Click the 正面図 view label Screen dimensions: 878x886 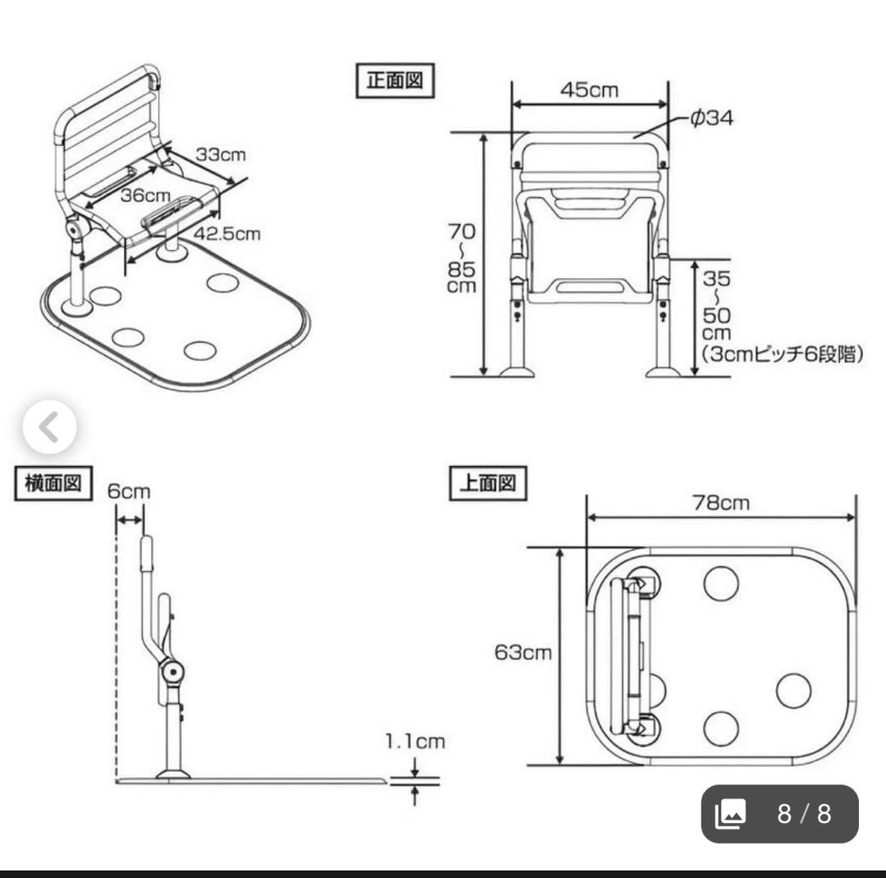pyautogui.click(x=394, y=82)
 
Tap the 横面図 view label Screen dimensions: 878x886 pyautogui.click(x=53, y=484)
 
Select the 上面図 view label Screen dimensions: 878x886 pyautogui.click(x=487, y=483)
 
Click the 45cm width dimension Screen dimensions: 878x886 pyautogui.click(x=589, y=89)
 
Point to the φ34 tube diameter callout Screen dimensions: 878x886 pyautogui.click(x=710, y=118)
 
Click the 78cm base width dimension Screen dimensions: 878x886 pyautogui.click(x=719, y=502)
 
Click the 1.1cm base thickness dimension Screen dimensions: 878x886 pyautogui.click(x=415, y=742)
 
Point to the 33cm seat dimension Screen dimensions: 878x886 pyautogui.click(x=221, y=154)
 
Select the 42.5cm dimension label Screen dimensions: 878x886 pyautogui.click(x=227, y=234)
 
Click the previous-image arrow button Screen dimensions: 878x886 pyautogui.click(x=49, y=427)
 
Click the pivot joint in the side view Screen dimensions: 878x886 pyautogui.click(x=172, y=672)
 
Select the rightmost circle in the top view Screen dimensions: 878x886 pyautogui.click(x=793, y=690)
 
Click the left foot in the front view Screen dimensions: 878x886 pyautogui.click(x=517, y=372)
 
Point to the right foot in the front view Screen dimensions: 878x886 pyautogui.click(x=662, y=372)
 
